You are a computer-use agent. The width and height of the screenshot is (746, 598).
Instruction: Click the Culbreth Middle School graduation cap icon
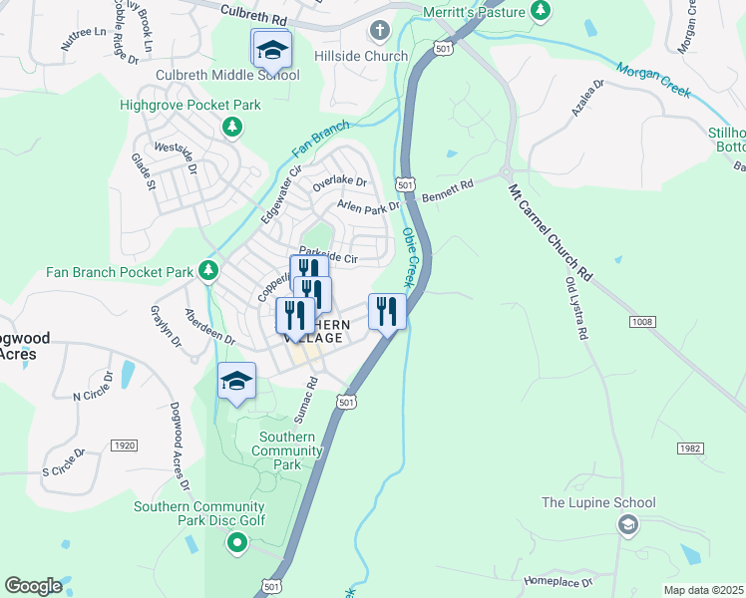click(x=271, y=49)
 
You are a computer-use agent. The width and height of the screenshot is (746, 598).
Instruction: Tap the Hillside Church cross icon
click(x=379, y=31)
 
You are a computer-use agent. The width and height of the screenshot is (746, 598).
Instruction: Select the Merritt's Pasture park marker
click(x=540, y=10)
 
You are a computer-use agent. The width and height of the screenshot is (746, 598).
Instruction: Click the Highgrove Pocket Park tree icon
click(x=231, y=127)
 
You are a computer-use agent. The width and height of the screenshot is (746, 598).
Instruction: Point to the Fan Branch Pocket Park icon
click(x=207, y=271)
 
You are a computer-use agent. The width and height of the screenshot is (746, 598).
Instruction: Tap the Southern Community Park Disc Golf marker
click(x=236, y=543)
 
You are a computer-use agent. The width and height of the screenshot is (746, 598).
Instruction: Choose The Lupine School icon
click(x=627, y=526)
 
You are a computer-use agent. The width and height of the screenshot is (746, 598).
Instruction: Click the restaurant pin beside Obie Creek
click(x=387, y=311)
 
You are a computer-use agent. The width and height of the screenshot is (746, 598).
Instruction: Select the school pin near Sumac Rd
click(x=237, y=382)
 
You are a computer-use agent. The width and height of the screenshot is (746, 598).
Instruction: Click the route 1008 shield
click(x=642, y=322)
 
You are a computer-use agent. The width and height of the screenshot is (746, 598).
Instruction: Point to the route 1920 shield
click(x=125, y=445)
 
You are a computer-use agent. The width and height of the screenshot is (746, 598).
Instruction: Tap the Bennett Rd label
click(x=445, y=191)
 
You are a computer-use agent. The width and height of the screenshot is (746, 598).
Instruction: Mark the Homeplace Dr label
click(x=557, y=579)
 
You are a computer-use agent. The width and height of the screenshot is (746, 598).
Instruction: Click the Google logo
click(x=34, y=586)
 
